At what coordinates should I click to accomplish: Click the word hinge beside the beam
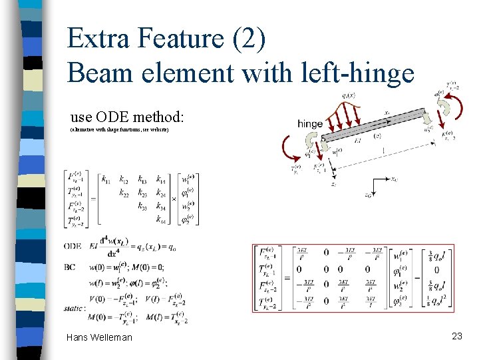tap(310, 123)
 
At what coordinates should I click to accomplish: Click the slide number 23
tap(456, 336)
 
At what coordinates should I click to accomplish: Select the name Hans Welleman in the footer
tap(99, 337)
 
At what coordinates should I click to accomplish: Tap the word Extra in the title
tap(100, 38)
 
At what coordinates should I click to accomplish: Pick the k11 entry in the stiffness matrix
tap(106, 179)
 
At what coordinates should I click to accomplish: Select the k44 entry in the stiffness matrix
tap(162, 218)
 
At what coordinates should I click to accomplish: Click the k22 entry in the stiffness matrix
tap(124, 193)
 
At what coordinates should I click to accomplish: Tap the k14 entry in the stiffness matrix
tap(162, 179)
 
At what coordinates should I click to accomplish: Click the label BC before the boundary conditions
tap(69, 267)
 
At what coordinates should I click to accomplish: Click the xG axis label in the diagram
tap(394, 179)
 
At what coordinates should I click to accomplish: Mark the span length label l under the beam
tap(397, 151)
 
